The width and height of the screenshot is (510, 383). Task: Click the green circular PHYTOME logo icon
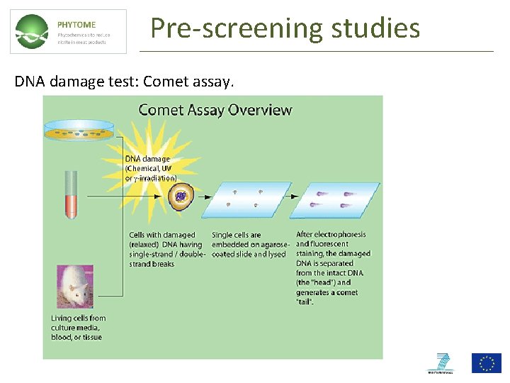point(33,32)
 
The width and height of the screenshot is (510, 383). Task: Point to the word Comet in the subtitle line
point(165,82)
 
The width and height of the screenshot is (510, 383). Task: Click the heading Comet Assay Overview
point(215,110)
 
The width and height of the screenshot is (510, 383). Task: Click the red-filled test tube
point(70,194)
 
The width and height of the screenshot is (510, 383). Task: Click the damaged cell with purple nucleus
point(181,196)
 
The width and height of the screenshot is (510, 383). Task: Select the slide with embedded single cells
point(246,199)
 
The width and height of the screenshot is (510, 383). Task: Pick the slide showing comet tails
point(335,199)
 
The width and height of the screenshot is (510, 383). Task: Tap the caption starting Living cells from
point(78,328)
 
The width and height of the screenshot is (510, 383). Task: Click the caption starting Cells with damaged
point(162,249)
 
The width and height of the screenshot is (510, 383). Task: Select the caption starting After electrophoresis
point(332,267)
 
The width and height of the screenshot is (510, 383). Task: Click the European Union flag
point(487,363)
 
